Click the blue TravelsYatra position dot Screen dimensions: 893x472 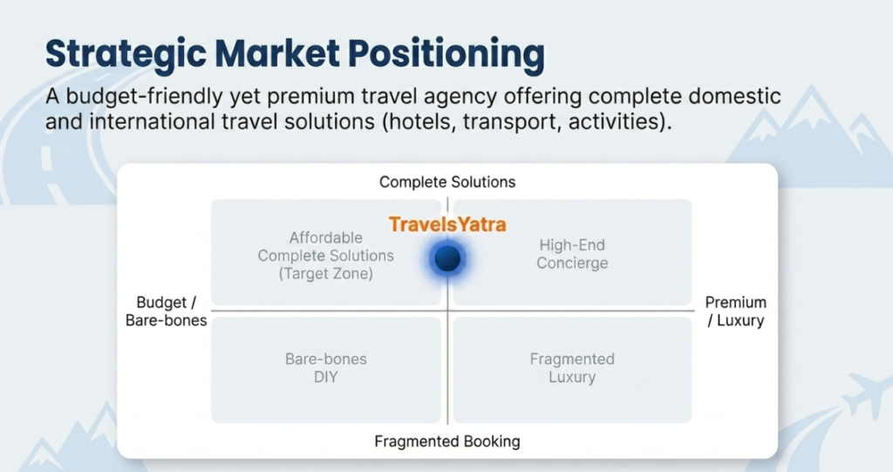tap(447, 259)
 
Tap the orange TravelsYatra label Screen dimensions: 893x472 tap(447, 224)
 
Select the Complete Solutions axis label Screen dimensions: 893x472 tap(447, 181)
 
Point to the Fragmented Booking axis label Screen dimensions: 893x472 tap(447, 441)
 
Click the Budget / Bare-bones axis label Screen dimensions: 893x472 tap(167, 311)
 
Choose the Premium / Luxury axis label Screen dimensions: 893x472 tap(736, 311)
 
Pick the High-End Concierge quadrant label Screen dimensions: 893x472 tap(572, 254)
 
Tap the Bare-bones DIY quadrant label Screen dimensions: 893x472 tap(326, 367)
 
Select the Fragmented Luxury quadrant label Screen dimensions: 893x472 tap(572, 367)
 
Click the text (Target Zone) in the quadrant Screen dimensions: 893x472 tap(326, 274)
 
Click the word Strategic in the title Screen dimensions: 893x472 tap(126, 54)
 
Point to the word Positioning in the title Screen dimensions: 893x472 tap(446, 54)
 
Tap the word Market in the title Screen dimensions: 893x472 tap(277, 53)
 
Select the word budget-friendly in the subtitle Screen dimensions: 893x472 tap(144, 97)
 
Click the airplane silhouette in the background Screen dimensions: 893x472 tap(868, 394)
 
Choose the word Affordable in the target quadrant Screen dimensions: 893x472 tap(326, 237)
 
